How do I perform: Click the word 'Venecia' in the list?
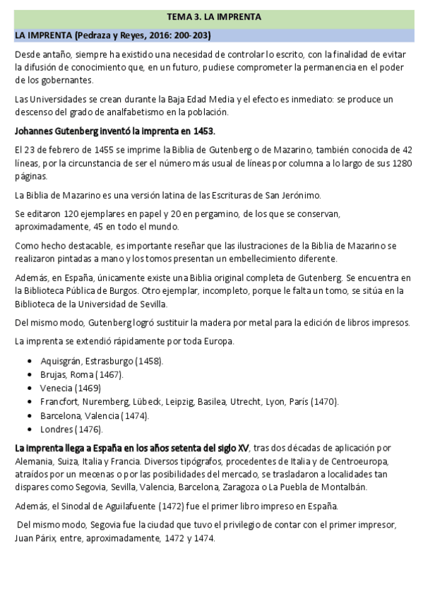pos(56,388)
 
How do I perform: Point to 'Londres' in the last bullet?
pos(57,429)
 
